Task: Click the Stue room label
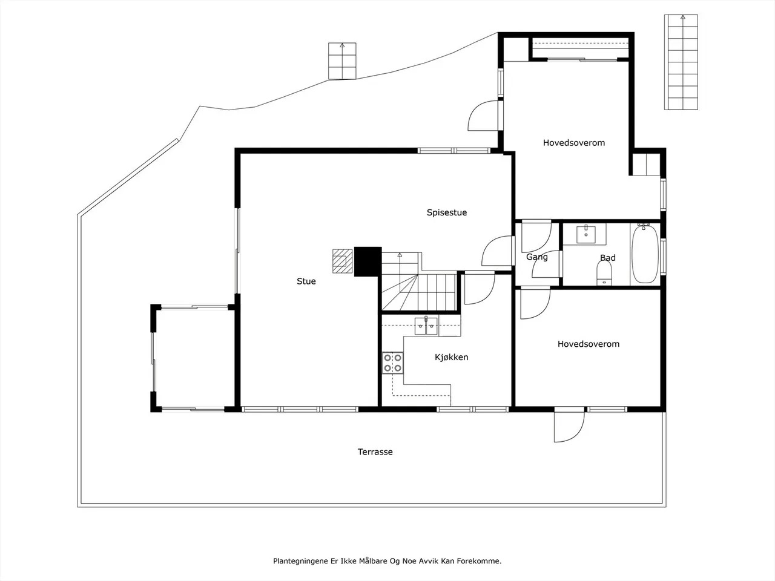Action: (306, 281)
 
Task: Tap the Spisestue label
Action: (447, 212)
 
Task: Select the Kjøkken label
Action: (451, 357)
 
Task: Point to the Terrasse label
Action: (375, 452)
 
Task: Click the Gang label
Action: (536, 257)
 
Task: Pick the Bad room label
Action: (608, 258)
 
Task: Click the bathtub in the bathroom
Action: (645, 254)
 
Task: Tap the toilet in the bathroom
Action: (604, 275)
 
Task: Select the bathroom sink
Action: (586, 234)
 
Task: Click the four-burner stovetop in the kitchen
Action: (392, 363)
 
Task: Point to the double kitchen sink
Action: (426, 326)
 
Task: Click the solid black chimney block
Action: (368, 261)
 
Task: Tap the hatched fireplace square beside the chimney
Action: (343, 261)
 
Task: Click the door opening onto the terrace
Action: (569, 427)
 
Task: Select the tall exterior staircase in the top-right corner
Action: (681, 62)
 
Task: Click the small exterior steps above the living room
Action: (342, 61)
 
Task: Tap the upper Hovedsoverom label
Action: (574, 143)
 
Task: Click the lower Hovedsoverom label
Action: (589, 344)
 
